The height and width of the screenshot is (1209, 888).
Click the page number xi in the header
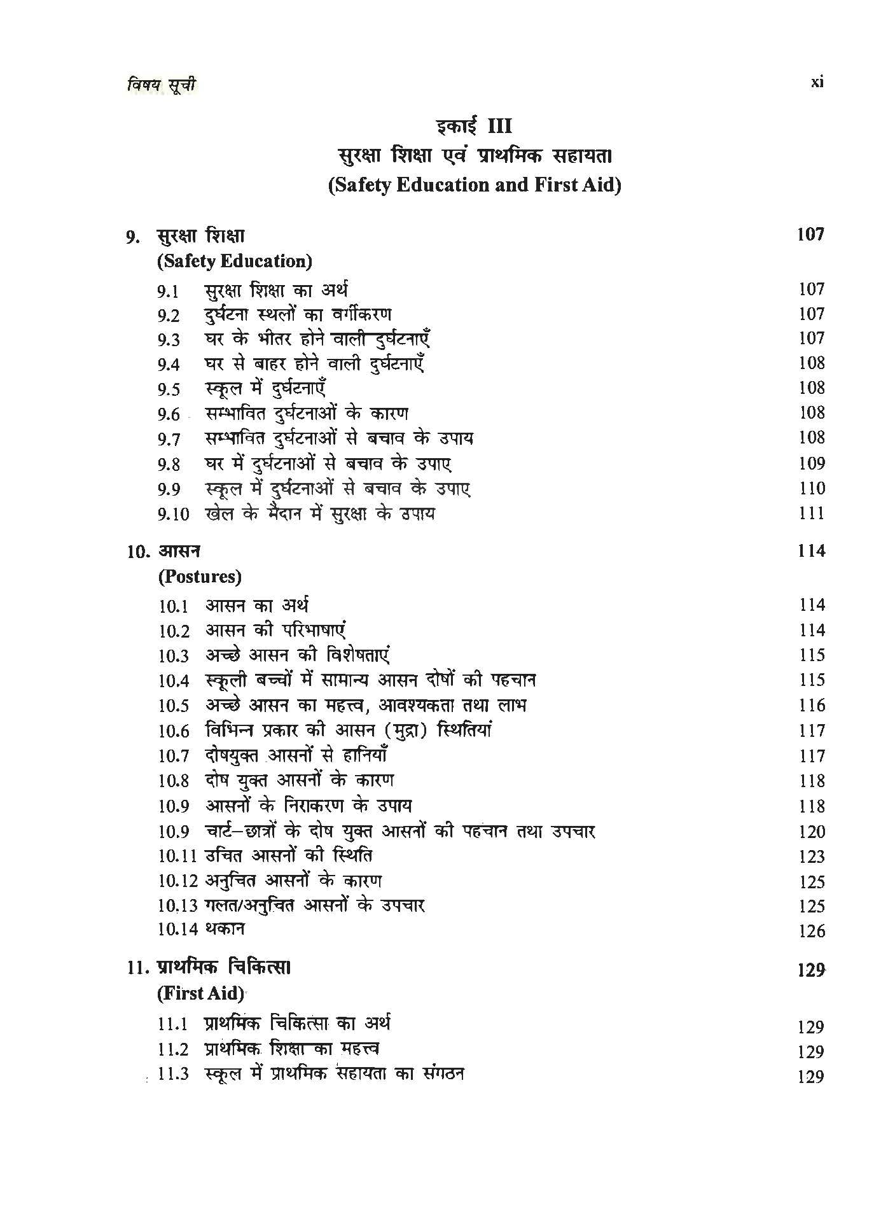click(817, 81)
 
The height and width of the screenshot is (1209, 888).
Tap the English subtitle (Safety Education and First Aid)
click(475, 185)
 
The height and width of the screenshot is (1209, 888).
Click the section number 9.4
click(169, 365)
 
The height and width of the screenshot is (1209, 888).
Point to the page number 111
click(811, 513)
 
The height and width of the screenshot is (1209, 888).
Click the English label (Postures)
click(200, 577)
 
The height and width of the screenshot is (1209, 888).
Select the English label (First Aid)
click(200, 993)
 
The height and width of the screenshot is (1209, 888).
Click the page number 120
click(811, 832)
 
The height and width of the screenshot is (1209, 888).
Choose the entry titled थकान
click(225, 929)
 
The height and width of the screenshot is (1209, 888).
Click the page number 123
click(811, 856)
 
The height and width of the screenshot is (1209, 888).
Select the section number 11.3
click(174, 1075)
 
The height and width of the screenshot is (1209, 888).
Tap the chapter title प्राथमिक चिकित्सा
click(223, 968)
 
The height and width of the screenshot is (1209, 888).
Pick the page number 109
click(811, 463)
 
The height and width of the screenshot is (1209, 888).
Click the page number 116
click(811, 706)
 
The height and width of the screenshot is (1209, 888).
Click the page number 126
click(811, 932)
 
